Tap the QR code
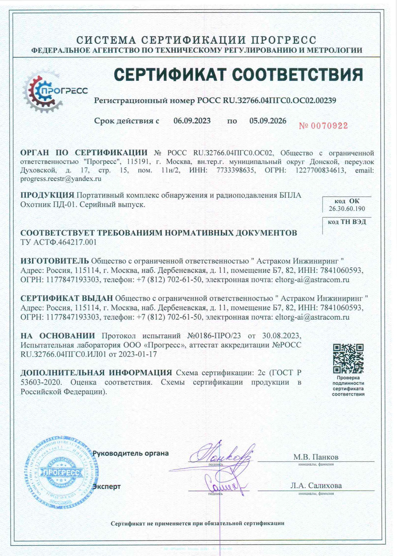click(348, 358)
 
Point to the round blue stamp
click(59, 473)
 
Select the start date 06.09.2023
click(192, 121)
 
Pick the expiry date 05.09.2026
click(268, 121)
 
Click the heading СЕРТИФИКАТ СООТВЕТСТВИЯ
click(238, 75)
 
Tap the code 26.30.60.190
click(347, 209)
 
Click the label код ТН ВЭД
click(347, 222)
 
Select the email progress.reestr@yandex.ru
click(61, 179)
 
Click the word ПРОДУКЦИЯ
click(47, 195)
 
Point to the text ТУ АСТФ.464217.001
click(58, 242)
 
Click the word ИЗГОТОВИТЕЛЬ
click(55, 261)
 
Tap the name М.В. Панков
click(316, 457)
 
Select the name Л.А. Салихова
click(316, 486)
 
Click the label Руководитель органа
click(131, 453)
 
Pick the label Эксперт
click(107, 487)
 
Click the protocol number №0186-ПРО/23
click(214, 336)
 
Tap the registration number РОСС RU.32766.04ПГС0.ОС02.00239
click(266, 100)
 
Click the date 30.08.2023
click(281, 336)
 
